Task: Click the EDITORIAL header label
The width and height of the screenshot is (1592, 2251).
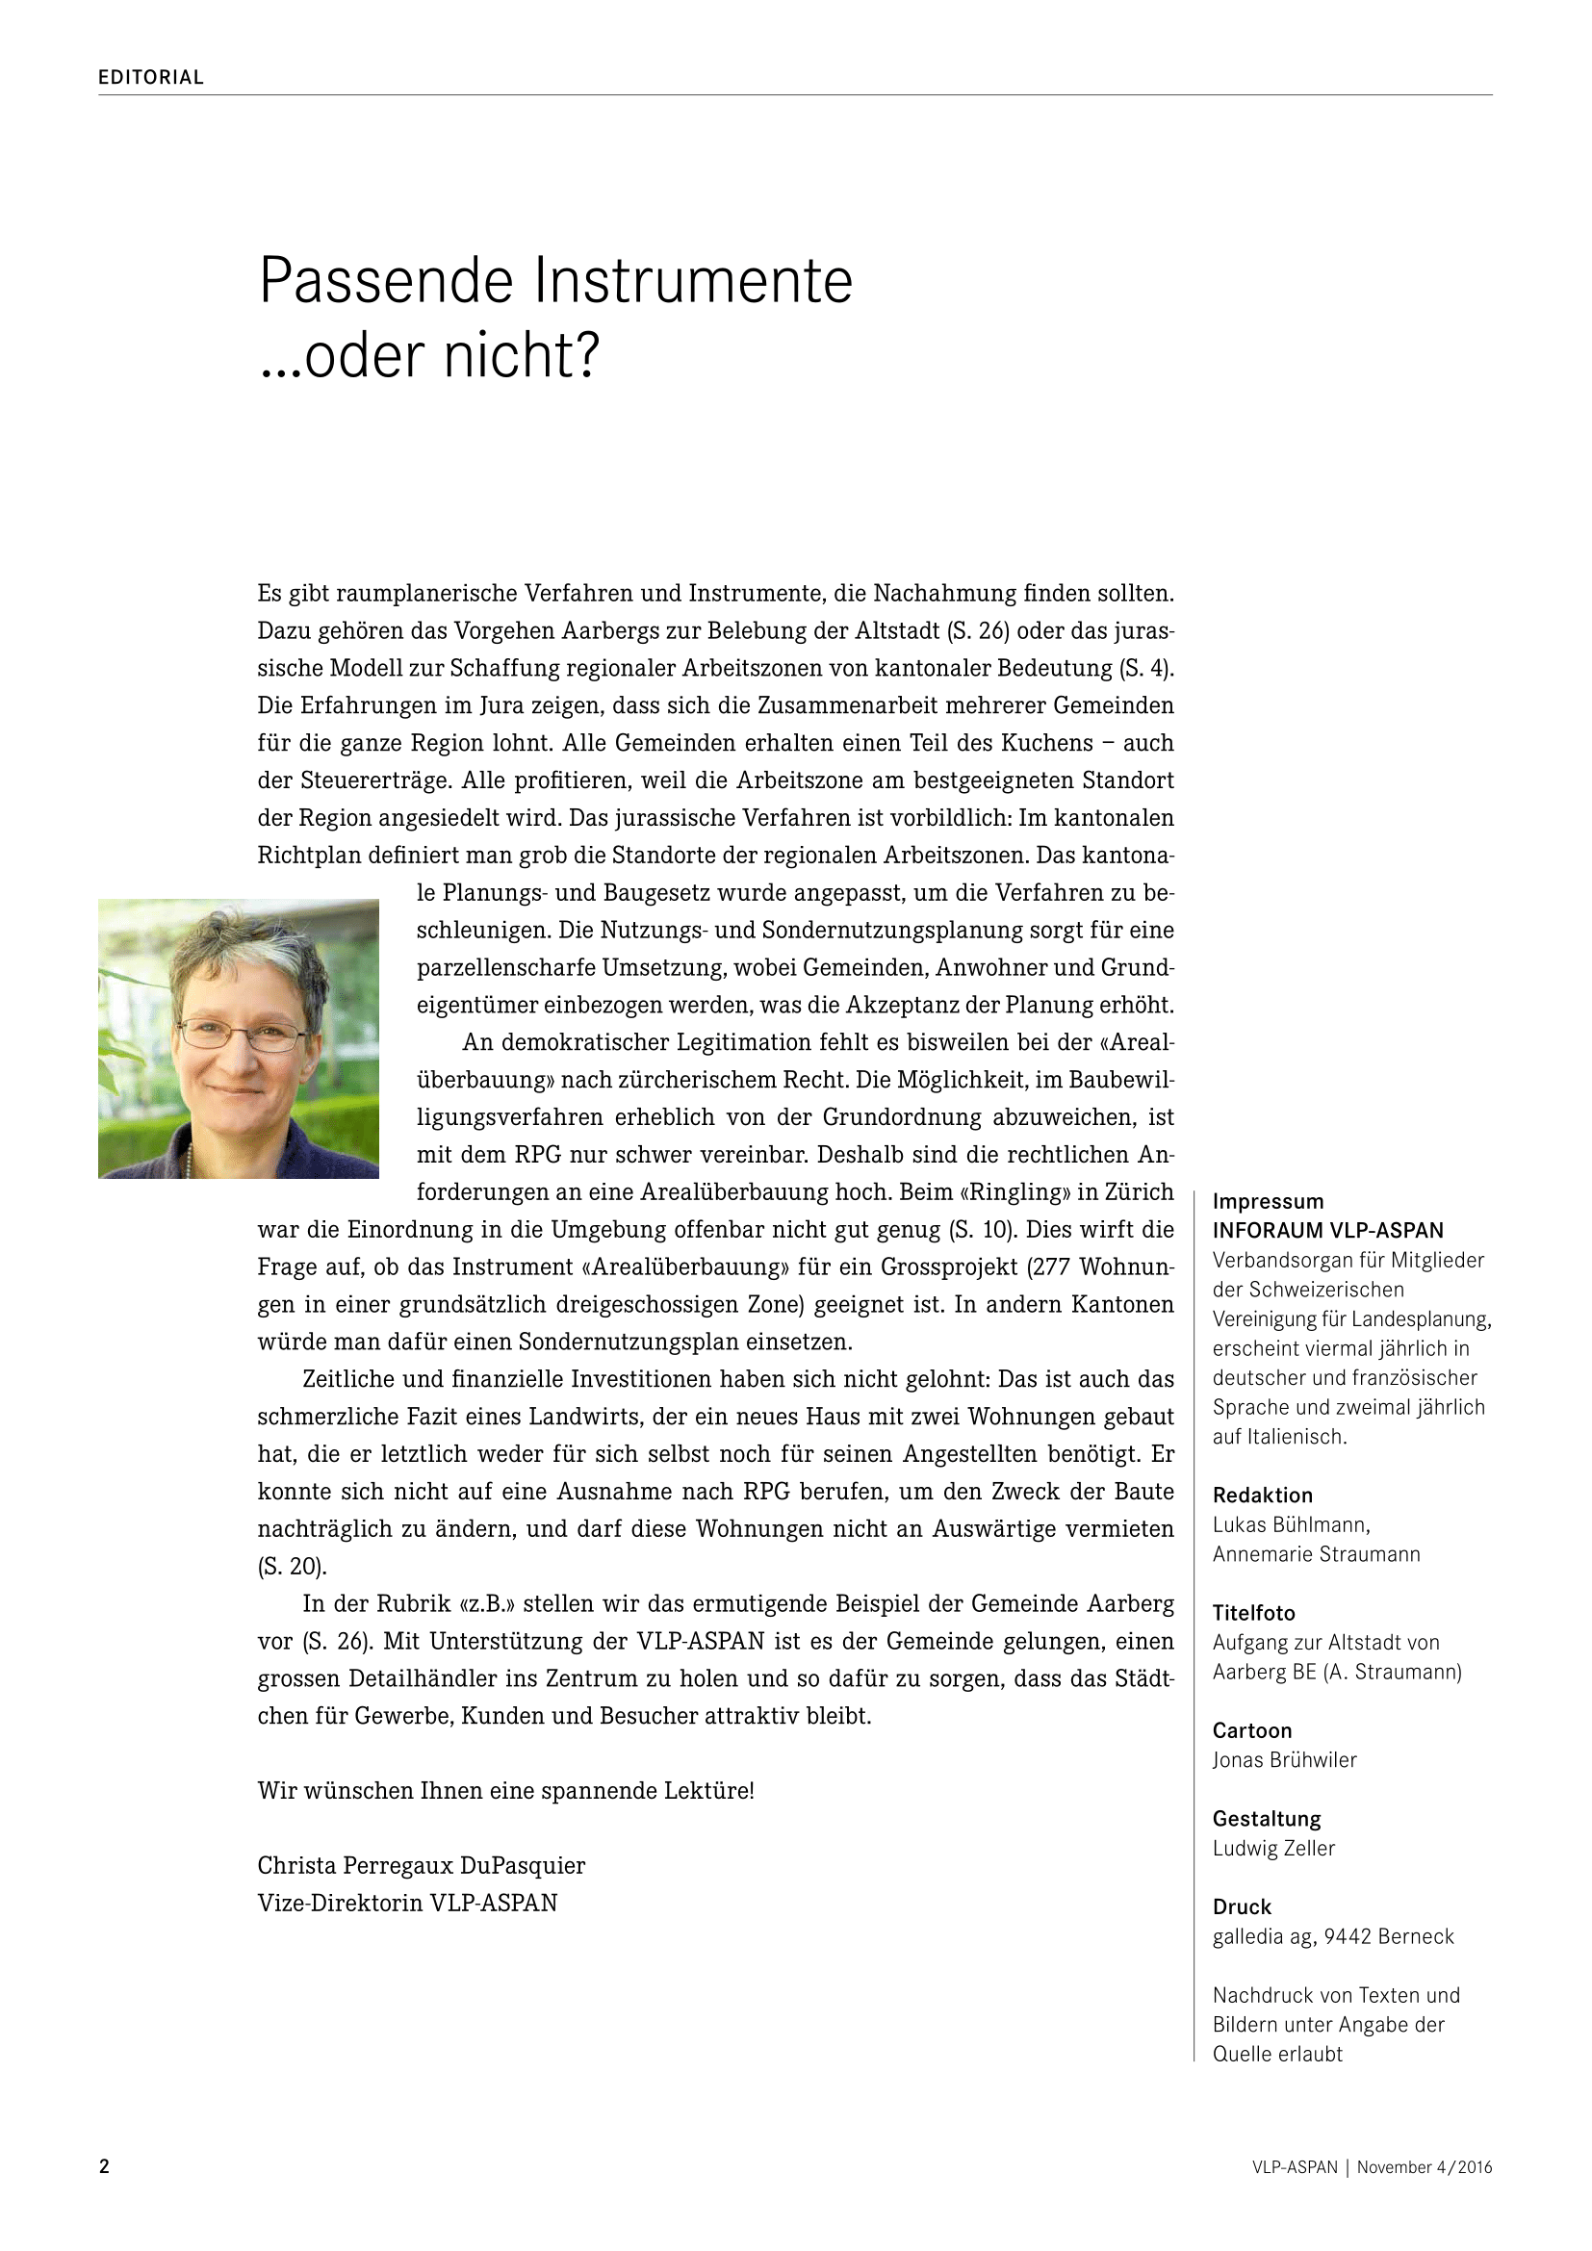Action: pyautogui.click(x=151, y=77)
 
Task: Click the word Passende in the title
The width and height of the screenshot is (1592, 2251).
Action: pyautogui.click(x=386, y=281)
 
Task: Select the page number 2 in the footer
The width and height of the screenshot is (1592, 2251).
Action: pyautogui.click(x=105, y=2166)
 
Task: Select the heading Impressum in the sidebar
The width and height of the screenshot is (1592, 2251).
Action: pyautogui.click(x=1268, y=1202)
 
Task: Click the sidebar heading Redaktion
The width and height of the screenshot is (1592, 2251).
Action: pyautogui.click(x=1262, y=1496)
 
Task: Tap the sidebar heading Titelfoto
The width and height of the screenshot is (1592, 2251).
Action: pyautogui.click(x=1254, y=1613)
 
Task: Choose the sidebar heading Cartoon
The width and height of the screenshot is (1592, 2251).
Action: pyautogui.click(x=1252, y=1730)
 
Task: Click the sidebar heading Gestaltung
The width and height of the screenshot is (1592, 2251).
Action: pyautogui.click(x=1267, y=1819)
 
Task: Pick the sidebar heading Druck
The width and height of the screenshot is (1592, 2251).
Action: pyautogui.click(x=1242, y=1906)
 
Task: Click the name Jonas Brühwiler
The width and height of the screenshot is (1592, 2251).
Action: pyautogui.click(x=1284, y=1760)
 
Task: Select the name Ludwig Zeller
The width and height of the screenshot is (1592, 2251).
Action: pyautogui.click(x=1273, y=1848)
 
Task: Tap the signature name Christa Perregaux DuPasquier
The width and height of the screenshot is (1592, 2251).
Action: pyautogui.click(x=422, y=1866)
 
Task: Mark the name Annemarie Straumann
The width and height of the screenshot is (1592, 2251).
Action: pyautogui.click(x=1316, y=1554)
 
